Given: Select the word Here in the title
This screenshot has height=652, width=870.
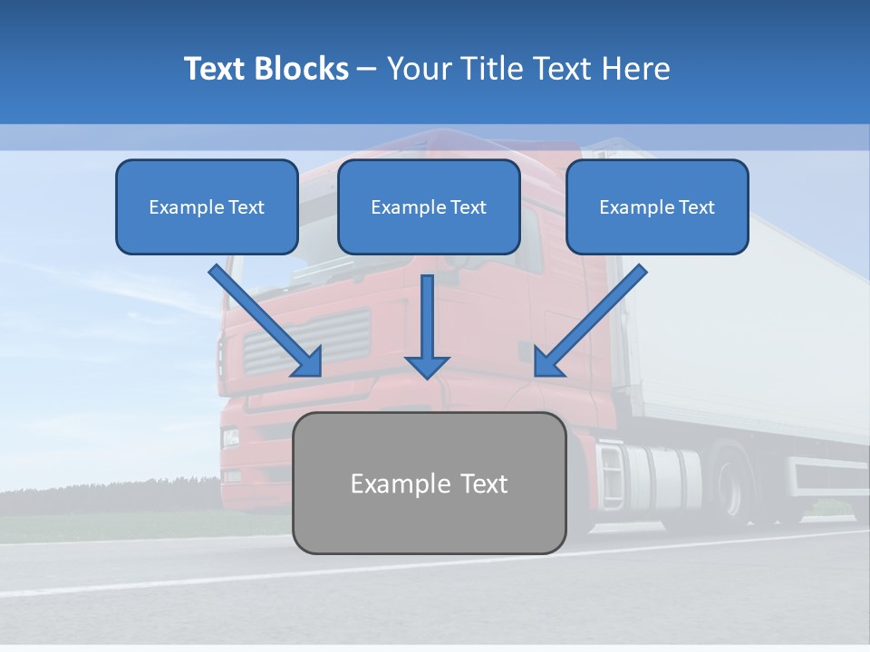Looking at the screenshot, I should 636,69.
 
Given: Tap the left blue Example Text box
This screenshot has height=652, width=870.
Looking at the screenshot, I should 207,207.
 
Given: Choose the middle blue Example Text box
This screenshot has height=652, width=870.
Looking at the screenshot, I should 429,207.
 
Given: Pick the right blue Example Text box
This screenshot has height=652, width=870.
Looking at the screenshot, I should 657,207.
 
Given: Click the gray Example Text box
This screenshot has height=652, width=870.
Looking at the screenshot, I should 430,484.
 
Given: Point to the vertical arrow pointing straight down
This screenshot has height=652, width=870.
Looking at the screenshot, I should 427,326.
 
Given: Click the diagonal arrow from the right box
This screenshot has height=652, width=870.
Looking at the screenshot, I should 589,321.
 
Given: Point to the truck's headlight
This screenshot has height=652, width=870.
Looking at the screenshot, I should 231,438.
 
